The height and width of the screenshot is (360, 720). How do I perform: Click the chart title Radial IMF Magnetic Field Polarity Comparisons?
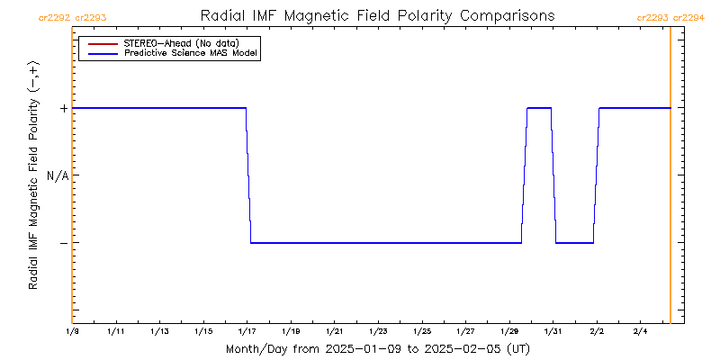click(x=377, y=16)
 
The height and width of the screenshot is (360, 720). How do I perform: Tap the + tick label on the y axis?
click(x=63, y=108)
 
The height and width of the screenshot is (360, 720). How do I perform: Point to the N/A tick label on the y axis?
click(x=58, y=175)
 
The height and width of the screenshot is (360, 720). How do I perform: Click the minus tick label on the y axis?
click(x=63, y=243)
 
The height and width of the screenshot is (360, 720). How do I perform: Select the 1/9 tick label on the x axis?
click(x=72, y=332)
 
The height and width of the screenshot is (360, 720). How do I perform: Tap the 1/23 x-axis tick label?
click(x=378, y=332)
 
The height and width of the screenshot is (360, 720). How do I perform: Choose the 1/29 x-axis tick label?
click(x=509, y=332)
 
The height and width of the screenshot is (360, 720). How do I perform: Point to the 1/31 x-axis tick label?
click(x=553, y=332)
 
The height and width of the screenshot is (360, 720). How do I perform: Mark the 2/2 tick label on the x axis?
click(x=597, y=332)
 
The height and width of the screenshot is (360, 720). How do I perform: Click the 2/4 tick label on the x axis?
click(x=640, y=332)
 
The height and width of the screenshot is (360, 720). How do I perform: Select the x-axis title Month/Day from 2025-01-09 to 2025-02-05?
click(x=376, y=348)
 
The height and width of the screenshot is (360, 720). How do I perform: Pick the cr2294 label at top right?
click(x=689, y=17)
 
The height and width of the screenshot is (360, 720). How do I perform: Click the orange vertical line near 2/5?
click(x=670, y=180)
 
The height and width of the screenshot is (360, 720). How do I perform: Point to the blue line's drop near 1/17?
click(x=248, y=175)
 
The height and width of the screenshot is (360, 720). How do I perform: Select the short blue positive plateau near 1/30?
click(x=539, y=108)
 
